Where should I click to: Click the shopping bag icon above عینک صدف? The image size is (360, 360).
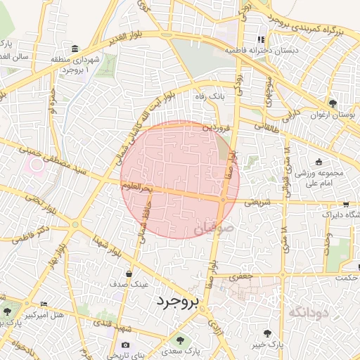129,274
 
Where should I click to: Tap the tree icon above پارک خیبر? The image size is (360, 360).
267,333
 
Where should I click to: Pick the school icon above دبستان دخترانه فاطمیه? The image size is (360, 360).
259,39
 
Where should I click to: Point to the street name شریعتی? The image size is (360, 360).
257,202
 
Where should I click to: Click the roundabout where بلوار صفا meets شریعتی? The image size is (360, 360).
223,200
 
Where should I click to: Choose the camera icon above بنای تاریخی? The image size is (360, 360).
125,345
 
